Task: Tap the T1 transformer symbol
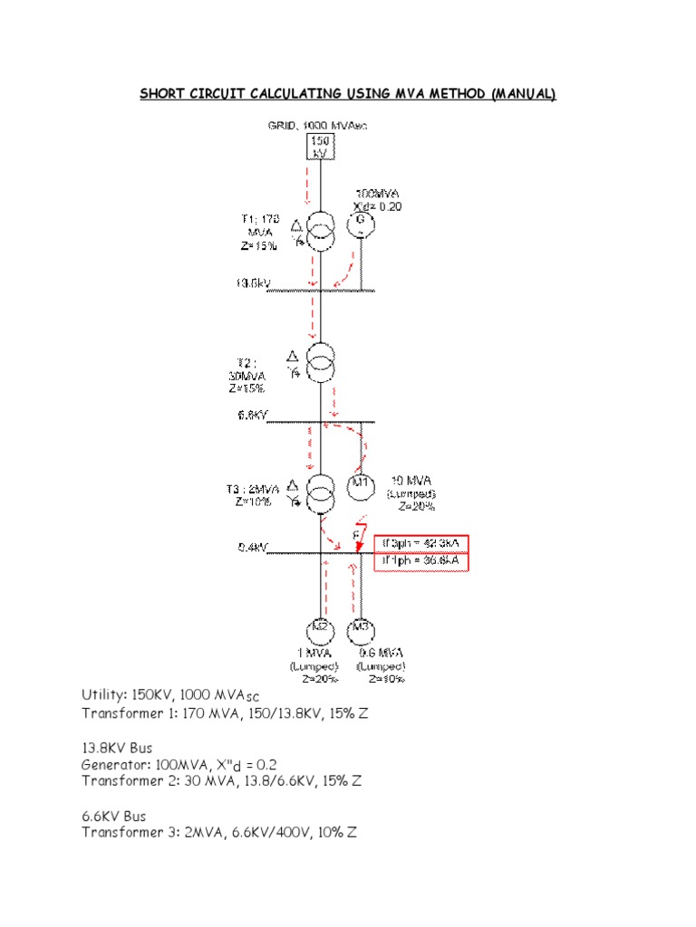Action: [x=318, y=230]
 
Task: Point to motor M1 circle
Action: [x=362, y=483]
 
